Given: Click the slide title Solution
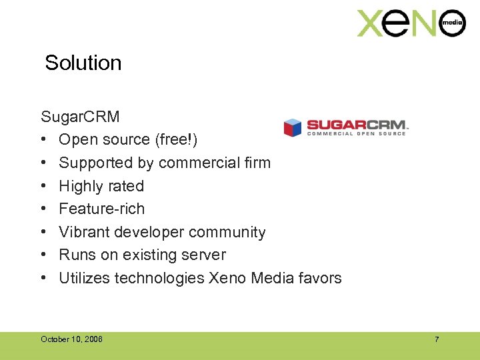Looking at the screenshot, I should pos(83,63).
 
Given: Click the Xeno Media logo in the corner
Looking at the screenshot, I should pos(411,23).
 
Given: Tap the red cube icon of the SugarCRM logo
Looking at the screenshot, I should pos(293,127).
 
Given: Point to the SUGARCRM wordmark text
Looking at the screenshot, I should pos(356,125).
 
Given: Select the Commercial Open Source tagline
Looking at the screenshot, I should pos(356,134).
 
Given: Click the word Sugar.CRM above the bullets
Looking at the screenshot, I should pos(80,117).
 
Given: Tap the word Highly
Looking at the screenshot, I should pos(81,186).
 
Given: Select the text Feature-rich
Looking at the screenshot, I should pos(101,209).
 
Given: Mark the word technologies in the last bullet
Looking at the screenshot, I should pos(159,278).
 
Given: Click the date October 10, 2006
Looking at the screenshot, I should pos(71,340).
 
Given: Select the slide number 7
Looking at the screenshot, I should pos(437,340).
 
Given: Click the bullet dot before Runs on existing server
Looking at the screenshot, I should pos(43,255).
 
